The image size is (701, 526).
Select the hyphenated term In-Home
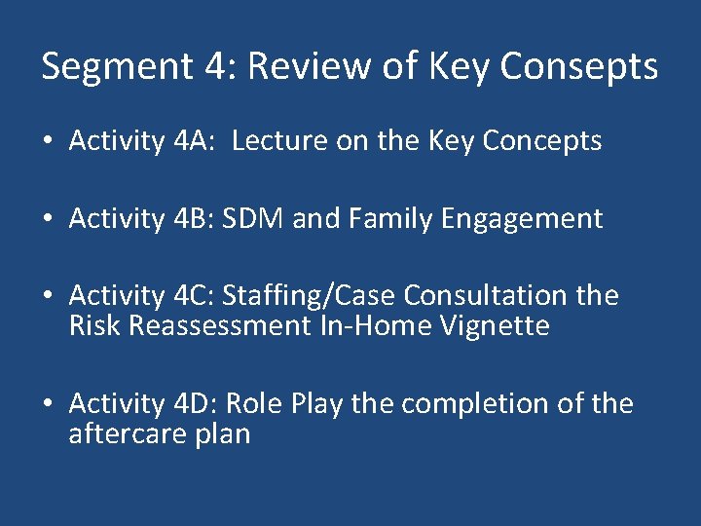click(376, 325)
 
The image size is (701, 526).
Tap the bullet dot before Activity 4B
click(48, 220)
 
